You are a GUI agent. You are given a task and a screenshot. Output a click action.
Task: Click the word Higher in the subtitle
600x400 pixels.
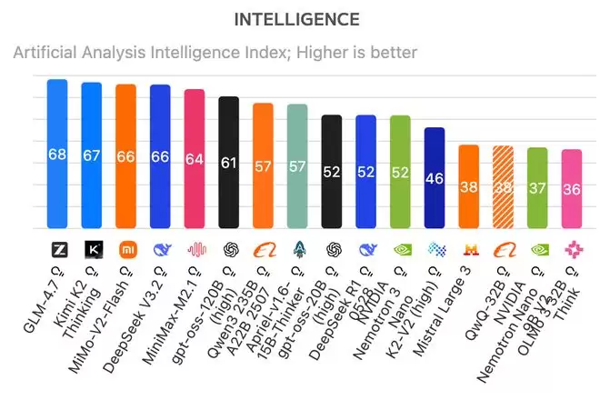click(x=300, y=53)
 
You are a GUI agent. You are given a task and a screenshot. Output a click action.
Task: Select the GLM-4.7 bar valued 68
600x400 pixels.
click(x=57, y=155)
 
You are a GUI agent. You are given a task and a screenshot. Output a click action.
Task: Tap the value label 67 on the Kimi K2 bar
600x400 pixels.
click(x=92, y=155)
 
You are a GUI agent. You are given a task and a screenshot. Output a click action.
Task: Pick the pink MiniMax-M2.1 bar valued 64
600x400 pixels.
click(x=195, y=159)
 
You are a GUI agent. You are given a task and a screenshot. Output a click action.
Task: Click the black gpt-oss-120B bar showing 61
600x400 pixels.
click(x=229, y=164)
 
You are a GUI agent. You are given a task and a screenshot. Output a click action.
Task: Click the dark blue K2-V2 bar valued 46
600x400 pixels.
click(x=435, y=178)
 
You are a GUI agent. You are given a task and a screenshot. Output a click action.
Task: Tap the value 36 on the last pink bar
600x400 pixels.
click(x=571, y=190)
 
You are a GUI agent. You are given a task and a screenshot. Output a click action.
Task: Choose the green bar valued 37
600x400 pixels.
click(x=537, y=188)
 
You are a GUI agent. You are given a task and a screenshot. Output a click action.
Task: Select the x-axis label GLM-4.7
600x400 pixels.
click(x=41, y=300)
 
